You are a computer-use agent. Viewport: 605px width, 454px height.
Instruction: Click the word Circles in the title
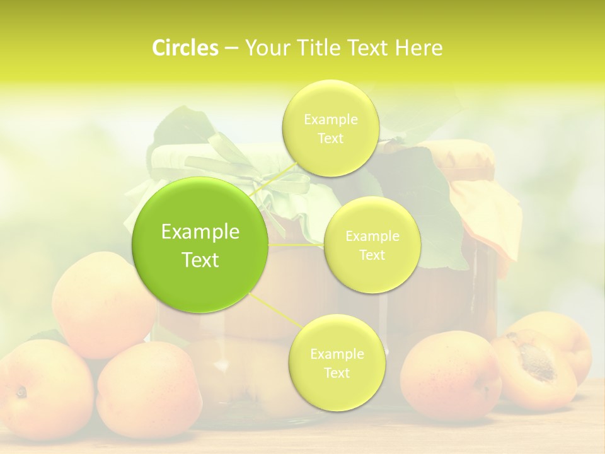(x=185, y=48)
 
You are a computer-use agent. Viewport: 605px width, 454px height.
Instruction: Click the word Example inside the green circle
(x=200, y=232)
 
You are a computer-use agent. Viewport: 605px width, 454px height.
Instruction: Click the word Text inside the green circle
(x=200, y=260)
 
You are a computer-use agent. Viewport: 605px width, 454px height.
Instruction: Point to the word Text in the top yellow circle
(x=330, y=139)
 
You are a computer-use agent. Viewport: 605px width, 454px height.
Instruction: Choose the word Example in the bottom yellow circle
(x=337, y=354)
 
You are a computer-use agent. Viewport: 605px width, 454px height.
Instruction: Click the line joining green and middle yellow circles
(x=296, y=245)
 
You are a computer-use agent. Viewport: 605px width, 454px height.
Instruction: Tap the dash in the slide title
(x=231, y=49)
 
